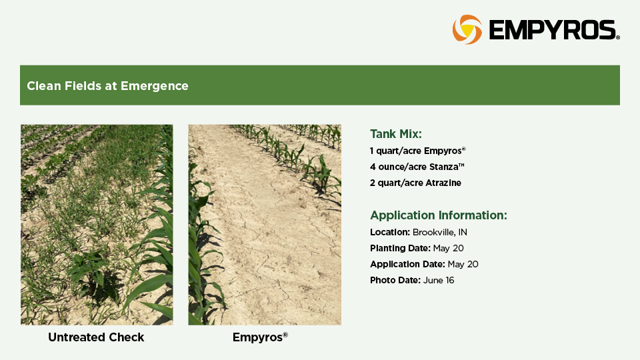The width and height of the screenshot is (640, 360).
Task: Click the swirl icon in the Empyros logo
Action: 467,29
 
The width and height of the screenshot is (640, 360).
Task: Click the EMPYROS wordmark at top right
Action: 554,30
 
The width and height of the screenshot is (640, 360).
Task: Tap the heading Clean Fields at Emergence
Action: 108,86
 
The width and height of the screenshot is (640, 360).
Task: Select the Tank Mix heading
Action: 395,134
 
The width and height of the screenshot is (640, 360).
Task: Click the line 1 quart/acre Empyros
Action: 417,151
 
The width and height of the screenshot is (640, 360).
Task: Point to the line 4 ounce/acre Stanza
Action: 417,167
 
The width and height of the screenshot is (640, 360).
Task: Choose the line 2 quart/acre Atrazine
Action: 415,183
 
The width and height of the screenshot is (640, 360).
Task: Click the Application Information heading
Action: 439,215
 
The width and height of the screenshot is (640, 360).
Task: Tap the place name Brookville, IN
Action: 439,232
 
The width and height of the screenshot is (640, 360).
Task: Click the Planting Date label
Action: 400,248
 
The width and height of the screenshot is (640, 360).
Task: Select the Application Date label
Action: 407,264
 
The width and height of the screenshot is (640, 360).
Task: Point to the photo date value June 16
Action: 439,281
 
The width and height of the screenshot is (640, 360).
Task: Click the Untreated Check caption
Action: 96,337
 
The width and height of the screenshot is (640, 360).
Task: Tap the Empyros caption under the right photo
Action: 260,337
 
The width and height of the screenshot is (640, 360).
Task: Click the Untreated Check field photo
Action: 97,225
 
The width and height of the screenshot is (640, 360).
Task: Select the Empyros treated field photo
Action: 265,225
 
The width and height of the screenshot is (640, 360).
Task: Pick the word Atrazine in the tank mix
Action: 443,183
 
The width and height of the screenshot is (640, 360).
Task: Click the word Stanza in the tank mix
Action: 447,167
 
